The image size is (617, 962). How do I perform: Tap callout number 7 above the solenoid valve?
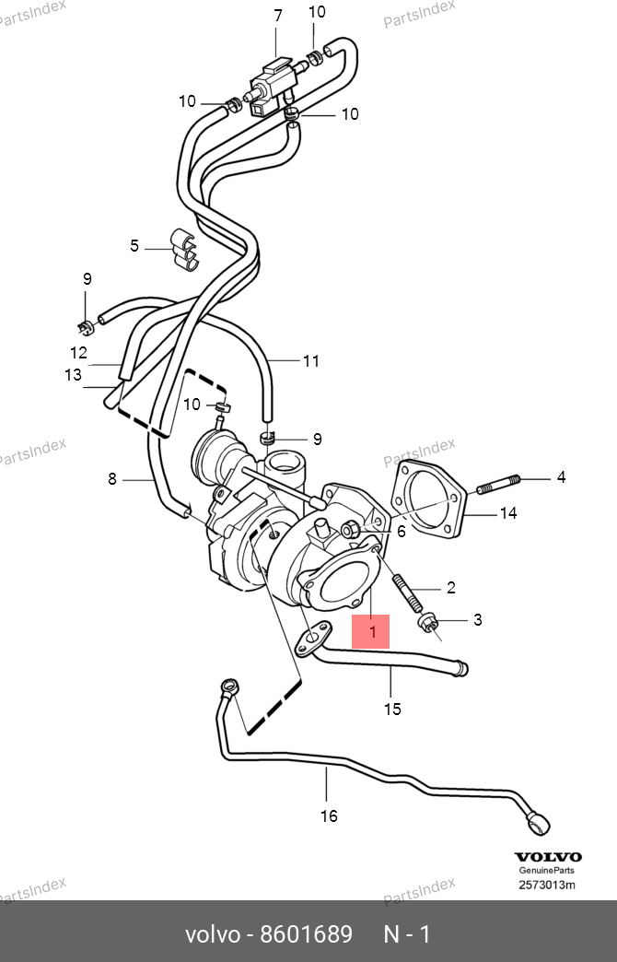(278, 16)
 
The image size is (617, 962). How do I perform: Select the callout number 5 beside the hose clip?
(134, 246)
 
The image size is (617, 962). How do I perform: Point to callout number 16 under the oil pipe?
(330, 816)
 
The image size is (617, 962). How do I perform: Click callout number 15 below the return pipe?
(392, 710)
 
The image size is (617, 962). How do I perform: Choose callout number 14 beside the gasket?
(508, 513)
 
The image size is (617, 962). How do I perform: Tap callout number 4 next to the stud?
(561, 476)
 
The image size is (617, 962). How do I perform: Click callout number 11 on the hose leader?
(311, 361)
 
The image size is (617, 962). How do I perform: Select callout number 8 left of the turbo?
(112, 478)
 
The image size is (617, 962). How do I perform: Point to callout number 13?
(73, 374)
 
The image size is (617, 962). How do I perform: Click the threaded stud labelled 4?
(498, 484)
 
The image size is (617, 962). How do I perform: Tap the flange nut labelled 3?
(428, 624)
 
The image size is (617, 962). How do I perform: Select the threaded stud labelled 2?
(407, 592)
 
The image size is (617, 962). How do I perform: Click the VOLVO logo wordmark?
(548, 856)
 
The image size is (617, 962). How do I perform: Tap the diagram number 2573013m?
(547, 885)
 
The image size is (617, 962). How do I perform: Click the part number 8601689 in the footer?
(306, 934)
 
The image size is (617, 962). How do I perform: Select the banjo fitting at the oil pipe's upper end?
(228, 686)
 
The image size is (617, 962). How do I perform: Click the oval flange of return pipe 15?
(313, 638)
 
